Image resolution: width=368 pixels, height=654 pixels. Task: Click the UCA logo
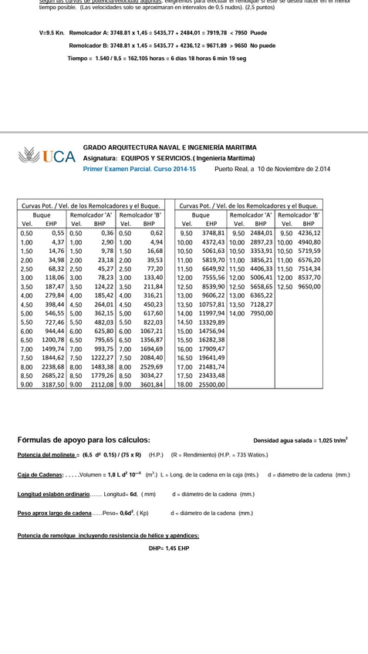pyautogui.click(x=47, y=157)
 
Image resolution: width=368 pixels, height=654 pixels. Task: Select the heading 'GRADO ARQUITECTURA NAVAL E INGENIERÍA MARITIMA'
pyautogui.click(x=170, y=147)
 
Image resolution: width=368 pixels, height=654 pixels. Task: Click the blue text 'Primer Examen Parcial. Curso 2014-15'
pyautogui.click(x=140, y=168)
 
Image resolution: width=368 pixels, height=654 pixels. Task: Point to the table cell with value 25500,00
pyautogui.click(x=211, y=384)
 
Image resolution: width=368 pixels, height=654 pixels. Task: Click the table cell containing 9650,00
pyautogui.click(x=309, y=287)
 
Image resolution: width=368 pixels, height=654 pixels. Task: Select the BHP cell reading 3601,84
pyautogui.click(x=152, y=384)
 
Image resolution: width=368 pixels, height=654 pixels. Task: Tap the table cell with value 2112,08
pyautogui.click(x=102, y=384)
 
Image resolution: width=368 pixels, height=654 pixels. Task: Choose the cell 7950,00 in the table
pyautogui.click(x=261, y=314)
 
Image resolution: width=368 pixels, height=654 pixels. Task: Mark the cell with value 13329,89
pyautogui.click(x=211, y=322)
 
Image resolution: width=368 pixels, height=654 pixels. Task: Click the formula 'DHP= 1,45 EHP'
pyautogui.click(x=169, y=548)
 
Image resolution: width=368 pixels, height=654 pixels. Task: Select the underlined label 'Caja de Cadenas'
pyautogui.click(x=39, y=475)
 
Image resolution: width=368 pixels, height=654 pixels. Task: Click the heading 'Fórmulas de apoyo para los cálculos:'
pyautogui.click(x=83, y=440)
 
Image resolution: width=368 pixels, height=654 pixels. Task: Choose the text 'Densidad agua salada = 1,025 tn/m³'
pyautogui.click(x=300, y=440)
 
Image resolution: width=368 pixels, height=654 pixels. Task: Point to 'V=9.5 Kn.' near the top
pyautogui.click(x=52, y=34)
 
